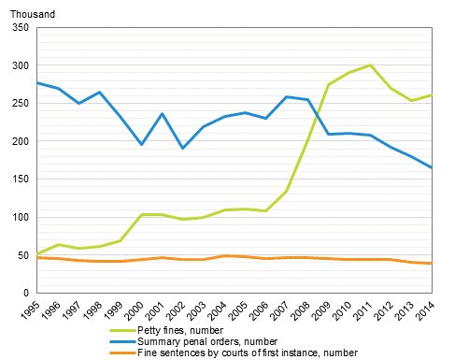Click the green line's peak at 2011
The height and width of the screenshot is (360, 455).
coord(371,65)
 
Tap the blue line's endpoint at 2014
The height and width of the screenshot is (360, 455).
coord(432,167)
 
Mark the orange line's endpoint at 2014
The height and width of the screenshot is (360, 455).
coord(432,263)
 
